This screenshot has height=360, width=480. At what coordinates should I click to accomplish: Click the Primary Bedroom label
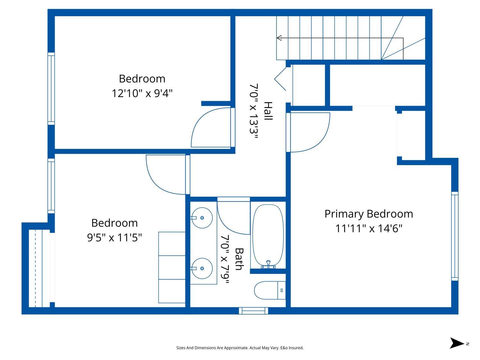click(369, 214)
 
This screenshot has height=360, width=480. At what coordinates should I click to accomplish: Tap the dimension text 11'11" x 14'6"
click(369, 229)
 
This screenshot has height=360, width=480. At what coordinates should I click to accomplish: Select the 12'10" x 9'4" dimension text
click(142, 93)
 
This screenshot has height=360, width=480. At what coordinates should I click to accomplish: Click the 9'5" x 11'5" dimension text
click(115, 238)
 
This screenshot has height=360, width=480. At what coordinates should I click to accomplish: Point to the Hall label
click(268, 111)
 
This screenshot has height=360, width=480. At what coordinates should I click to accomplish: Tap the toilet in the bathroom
click(269, 290)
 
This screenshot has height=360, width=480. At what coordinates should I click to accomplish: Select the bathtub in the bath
click(268, 236)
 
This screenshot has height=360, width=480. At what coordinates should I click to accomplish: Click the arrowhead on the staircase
click(279, 38)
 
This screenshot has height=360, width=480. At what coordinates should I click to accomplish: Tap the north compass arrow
click(457, 343)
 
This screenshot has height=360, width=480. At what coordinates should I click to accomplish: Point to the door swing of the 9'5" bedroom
click(165, 174)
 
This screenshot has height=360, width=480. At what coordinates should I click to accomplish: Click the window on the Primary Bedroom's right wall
click(455, 236)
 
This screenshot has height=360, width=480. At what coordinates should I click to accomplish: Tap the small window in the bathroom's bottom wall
click(253, 310)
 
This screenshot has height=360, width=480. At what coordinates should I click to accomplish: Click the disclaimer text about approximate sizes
click(240, 348)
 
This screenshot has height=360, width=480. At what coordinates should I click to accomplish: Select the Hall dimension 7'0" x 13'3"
click(254, 111)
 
